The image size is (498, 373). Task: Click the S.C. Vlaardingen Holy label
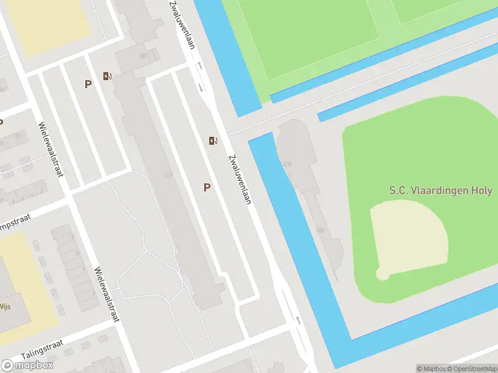441,191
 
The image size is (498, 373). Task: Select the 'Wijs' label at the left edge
5,306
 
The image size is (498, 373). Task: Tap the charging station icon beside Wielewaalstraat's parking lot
108,76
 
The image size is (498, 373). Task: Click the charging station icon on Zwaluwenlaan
214,140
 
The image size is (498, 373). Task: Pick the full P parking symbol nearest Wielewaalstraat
88,84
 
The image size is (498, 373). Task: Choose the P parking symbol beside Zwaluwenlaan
207,187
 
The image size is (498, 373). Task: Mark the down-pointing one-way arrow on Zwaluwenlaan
201,87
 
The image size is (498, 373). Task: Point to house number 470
287,164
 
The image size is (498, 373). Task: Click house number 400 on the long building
321,231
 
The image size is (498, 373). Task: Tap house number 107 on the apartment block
167,175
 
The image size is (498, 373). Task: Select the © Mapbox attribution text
431,369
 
